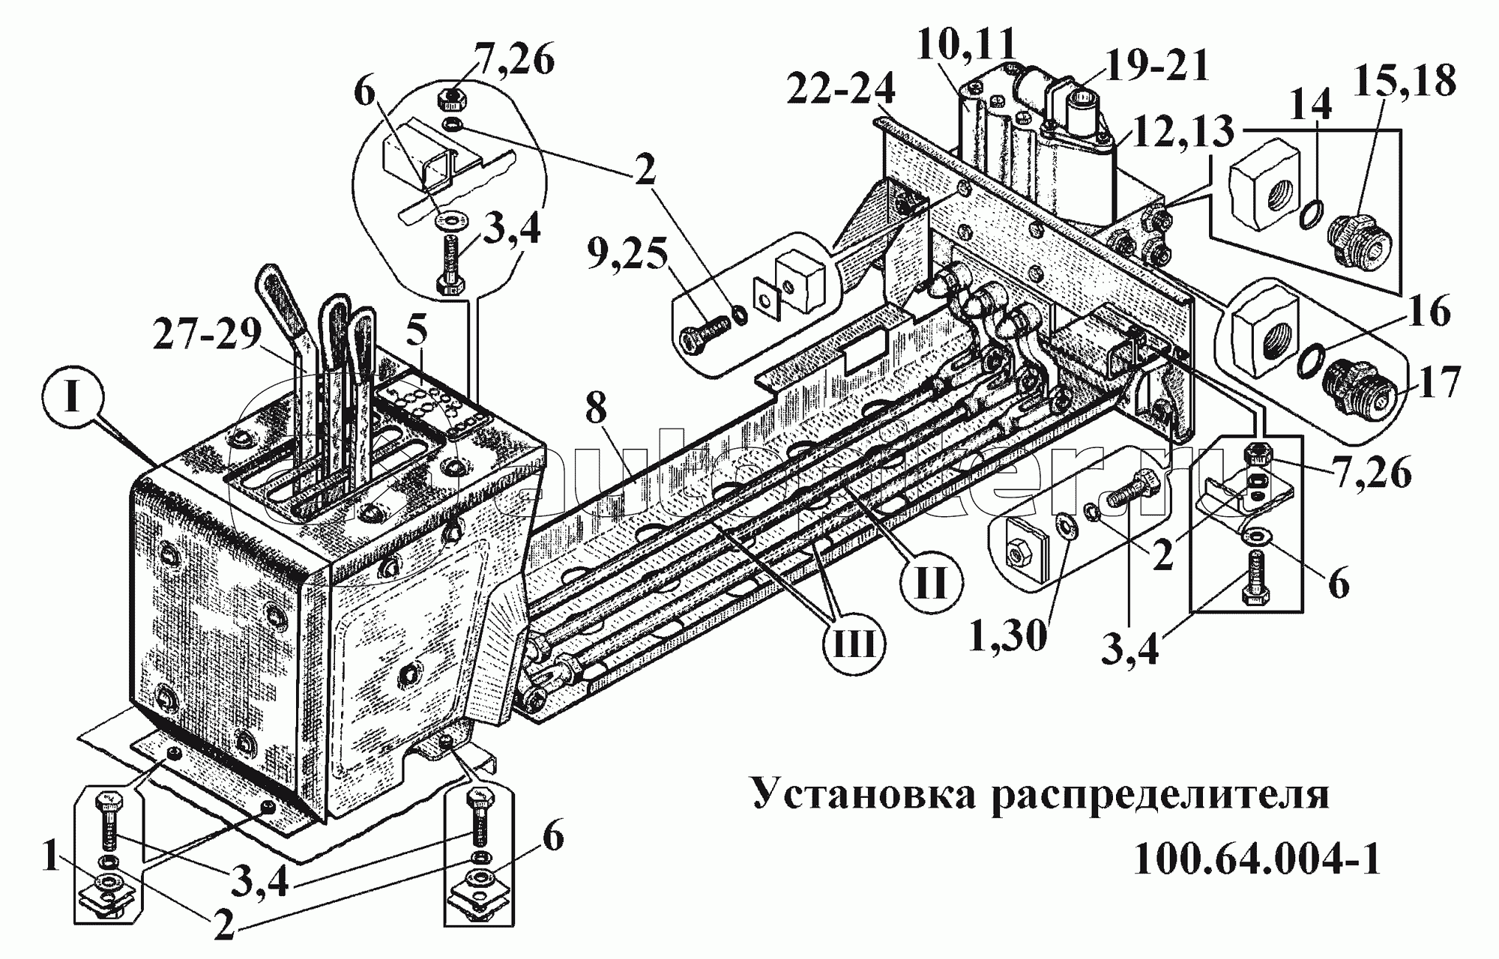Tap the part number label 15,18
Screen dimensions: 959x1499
pyautogui.click(x=1405, y=80)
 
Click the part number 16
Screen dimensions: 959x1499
pyautogui.click(x=1428, y=312)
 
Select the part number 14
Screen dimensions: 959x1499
pyautogui.click(x=1310, y=105)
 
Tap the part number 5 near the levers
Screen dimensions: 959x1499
pyautogui.click(x=417, y=330)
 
